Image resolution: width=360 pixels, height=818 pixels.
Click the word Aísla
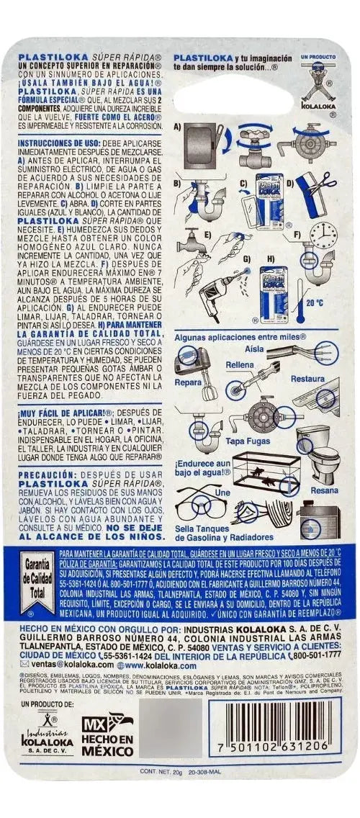[253, 349]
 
